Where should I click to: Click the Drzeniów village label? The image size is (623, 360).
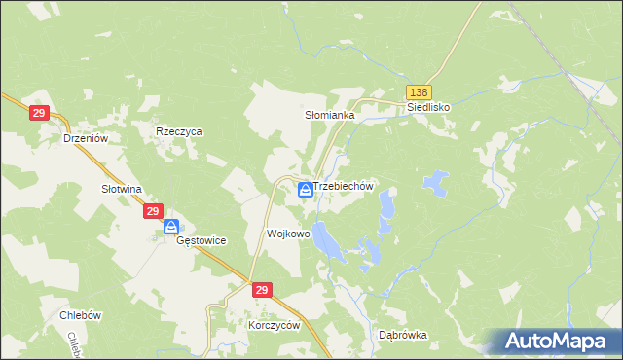click(x=84, y=138)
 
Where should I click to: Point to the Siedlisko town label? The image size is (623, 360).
click(x=428, y=107)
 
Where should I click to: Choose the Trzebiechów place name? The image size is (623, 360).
click(x=344, y=187)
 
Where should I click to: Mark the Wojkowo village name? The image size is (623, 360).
click(x=288, y=234)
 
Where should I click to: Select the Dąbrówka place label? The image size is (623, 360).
click(x=402, y=336)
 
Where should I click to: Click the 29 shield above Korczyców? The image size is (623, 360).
click(x=261, y=290)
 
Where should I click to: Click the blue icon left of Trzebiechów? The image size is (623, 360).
click(x=306, y=188)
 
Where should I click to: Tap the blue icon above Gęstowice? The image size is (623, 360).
click(x=171, y=227)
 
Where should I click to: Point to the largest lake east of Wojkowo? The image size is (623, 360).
click(x=328, y=241)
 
